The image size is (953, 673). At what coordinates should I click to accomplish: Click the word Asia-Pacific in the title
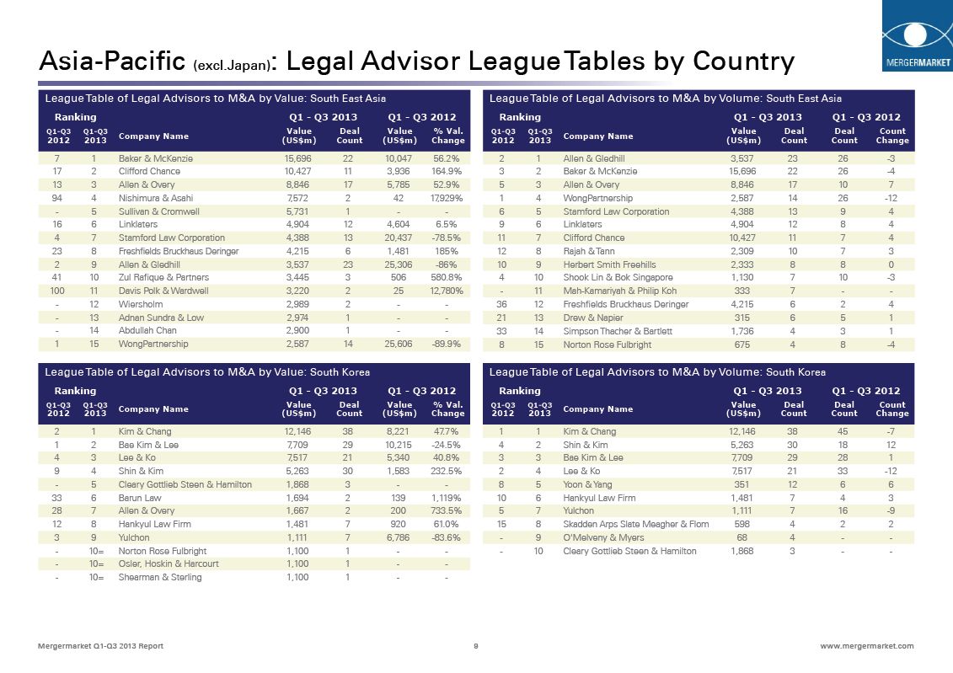tap(112, 61)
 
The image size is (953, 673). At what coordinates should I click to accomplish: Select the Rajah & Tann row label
tap(591, 251)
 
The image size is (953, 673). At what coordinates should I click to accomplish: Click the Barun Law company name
tap(140, 498)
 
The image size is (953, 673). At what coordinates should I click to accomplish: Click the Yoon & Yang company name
tap(587, 484)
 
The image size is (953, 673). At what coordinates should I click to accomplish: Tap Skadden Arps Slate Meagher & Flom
tap(635, 524)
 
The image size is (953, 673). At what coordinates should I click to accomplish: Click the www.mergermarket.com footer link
tap(866, 646)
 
